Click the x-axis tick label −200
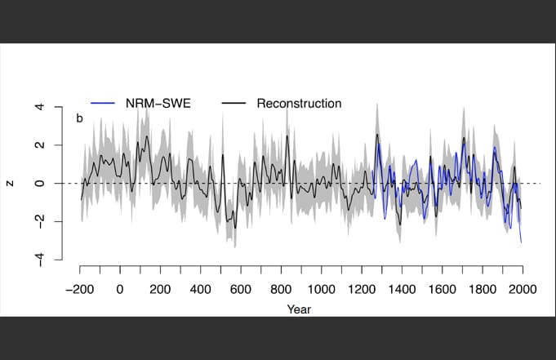click(80, 289)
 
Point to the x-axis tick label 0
click(119, 289)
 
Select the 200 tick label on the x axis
click(160, 289)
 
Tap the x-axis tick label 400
click(200, 289)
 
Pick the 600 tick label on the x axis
click(240, 289)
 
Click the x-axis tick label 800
click(281, 289)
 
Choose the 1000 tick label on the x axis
click(321, 289)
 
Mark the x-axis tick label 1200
click(361, 289)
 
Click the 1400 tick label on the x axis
click(402, 289)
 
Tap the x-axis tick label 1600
click(442, 289)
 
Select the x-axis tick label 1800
click(482, 289)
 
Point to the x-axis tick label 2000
click(523, 289)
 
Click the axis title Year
click(299, 309)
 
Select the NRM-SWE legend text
click(159, 104)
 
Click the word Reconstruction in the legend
click(299, 104)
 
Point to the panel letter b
click(80, 118)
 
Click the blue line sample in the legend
click(102, 104)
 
